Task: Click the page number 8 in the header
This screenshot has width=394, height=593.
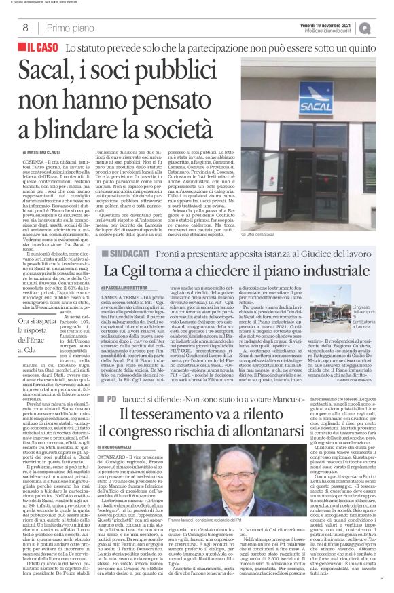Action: (x=24, y=28)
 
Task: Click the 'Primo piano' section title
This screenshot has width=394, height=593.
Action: (x=70, y=28)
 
